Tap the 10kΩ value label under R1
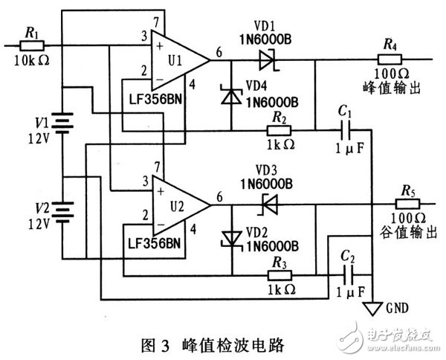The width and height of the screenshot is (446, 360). point(32,60)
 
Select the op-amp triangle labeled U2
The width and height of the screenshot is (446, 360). point(179,201)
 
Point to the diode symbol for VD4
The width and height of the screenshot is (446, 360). point(232,94)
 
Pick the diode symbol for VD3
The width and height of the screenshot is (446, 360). point(267,201)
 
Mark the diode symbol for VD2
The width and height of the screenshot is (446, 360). point(232,237)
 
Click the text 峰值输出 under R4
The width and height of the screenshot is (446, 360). point(390,88)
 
